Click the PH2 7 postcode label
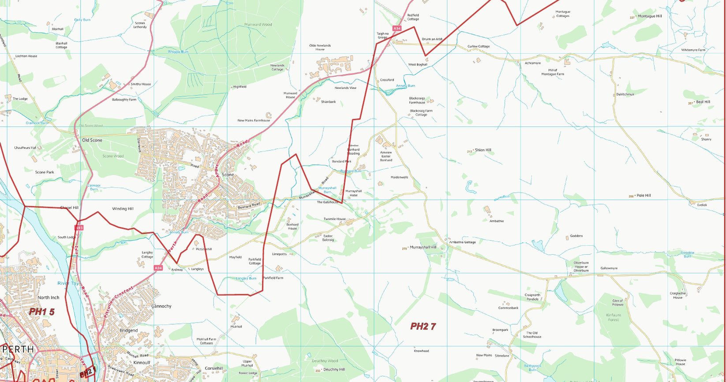[x=423, y=326]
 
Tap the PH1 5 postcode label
[x=42, y=312]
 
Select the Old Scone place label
[x=92, y=140]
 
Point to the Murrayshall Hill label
[x=423, y=248]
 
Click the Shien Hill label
[x=483, y=150]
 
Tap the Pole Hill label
[x=644, y=196]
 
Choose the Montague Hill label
[x=650, y=16]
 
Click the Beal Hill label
[x=703, y=102]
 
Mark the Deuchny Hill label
[x=334, y=370]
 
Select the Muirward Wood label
[x=258, y=25]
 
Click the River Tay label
[x=68, y=283]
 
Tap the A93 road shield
[x=79, y=228]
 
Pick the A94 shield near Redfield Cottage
[x=397, y=28]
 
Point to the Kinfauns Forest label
[x=613, y=317]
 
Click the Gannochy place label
[x=161, y=306]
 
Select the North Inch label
[x=49, y=298]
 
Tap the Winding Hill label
[x=123, y=209]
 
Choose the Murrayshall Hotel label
[x=353, y=193]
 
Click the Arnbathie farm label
[x=496, y=221]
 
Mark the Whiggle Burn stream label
[x=178, y=52]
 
